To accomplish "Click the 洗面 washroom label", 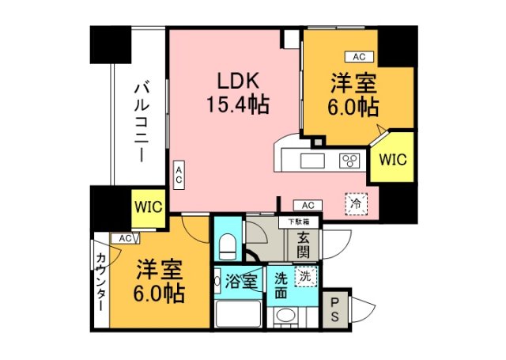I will click(x=281, y=284).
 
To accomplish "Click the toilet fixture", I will click(x=227, y=244).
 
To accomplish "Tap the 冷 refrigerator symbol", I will click(x=356, y=203).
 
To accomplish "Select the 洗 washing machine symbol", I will click(x=304, y=277).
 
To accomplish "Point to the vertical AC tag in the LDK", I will click(x=179, y=175).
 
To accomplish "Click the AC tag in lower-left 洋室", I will click(x=124, y=238).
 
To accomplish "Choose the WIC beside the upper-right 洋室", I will click(x=392, y=159).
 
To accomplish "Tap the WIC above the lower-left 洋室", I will click(x=148, y=207).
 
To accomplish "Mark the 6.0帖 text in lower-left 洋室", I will click(x=159, y=294).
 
